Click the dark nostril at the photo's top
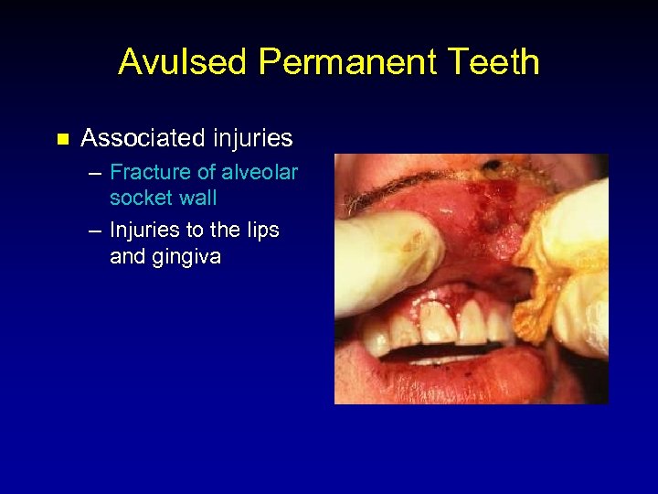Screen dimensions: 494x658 [x=494, y=166]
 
